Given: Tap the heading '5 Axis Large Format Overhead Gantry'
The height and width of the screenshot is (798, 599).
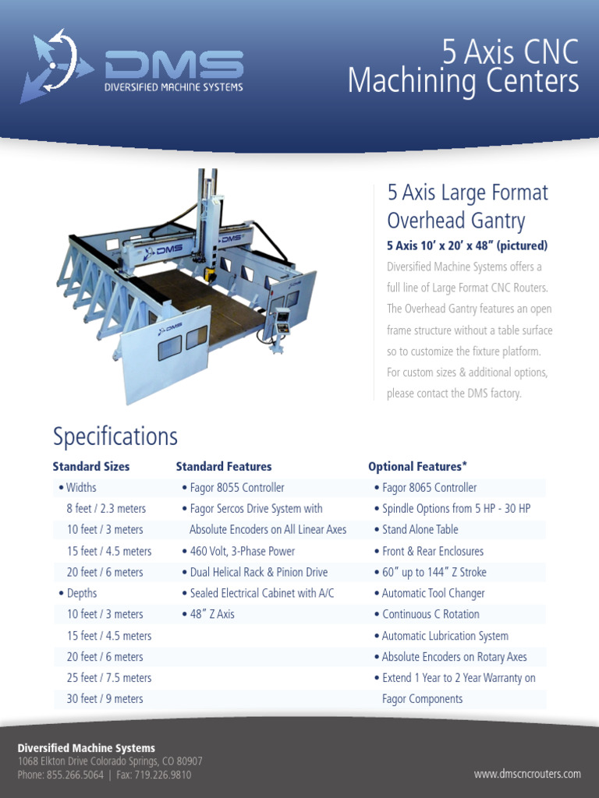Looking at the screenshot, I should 467,206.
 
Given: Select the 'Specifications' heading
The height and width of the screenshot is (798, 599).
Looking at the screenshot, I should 115,436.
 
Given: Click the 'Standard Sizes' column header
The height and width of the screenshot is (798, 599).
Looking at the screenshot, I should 91,467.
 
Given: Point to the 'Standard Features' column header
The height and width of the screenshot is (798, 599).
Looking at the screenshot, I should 224,467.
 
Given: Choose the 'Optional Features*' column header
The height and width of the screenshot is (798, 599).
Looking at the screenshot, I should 417,467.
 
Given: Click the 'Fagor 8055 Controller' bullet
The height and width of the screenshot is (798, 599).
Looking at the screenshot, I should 237,488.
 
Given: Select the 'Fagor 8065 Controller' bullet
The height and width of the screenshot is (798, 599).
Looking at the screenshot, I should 429,488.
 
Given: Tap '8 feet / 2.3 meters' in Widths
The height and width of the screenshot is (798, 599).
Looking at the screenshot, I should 106,509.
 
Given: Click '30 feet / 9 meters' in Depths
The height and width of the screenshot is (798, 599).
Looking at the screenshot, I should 105,699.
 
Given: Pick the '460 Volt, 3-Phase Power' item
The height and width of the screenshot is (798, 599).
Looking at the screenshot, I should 242,551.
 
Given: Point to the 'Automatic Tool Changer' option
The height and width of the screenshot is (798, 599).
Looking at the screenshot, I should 433,593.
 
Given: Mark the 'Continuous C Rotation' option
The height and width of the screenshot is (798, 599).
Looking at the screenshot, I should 431,614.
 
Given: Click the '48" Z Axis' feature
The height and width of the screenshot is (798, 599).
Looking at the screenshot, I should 211,614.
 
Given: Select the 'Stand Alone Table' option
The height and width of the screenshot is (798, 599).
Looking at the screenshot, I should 420,530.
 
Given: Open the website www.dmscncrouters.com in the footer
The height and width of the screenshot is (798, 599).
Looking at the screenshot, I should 527,774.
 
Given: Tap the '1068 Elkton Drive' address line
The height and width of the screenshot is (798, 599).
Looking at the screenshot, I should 110,761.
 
